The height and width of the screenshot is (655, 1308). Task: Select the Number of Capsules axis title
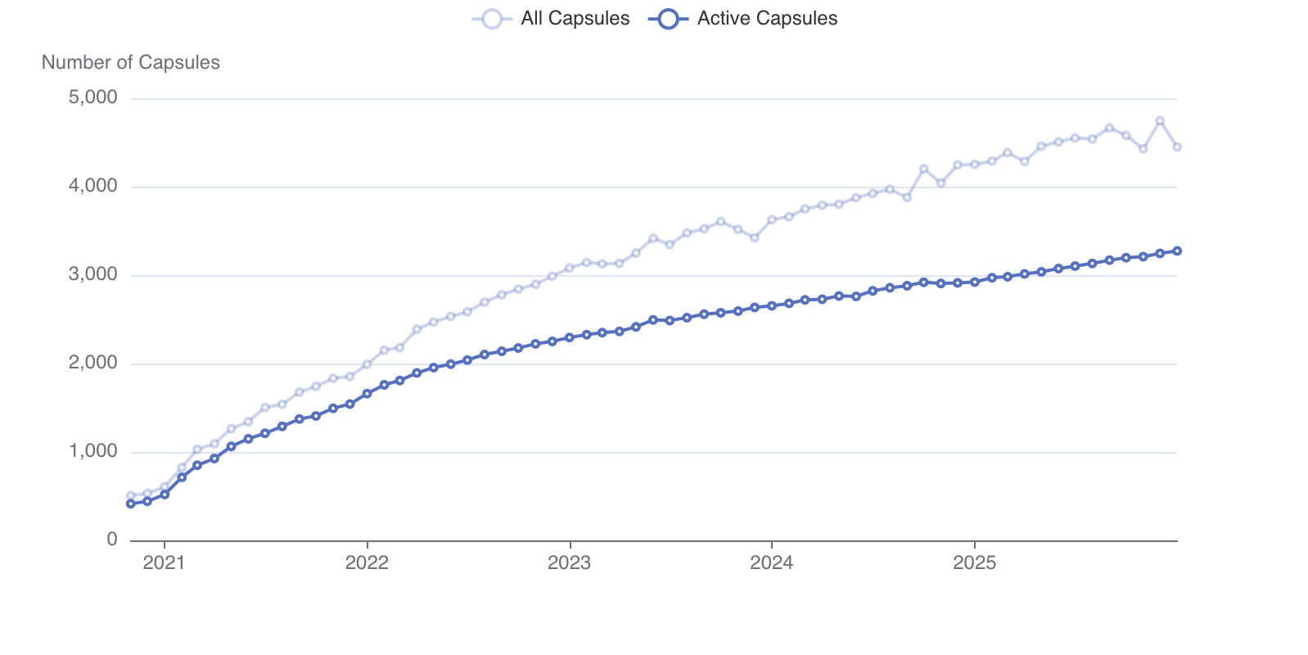coord(131,63)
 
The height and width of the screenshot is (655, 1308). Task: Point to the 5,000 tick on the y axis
coord(93,98)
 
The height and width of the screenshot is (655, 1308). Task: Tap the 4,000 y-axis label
coord(93,187)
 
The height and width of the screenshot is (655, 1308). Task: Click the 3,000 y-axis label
coord(93,275)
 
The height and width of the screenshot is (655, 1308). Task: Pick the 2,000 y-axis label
coord(93,364)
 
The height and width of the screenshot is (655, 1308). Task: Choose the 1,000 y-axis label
coord(93,452)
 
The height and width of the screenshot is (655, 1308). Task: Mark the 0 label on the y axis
coord(112,540)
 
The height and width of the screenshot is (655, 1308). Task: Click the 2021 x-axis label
coord(164,563)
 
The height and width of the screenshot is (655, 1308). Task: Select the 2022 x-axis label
coord(367,563)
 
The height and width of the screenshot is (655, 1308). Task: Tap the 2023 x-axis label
coord(569,563)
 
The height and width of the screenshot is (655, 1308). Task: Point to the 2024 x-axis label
coord(771,563)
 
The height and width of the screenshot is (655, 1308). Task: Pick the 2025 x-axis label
coord(974,563)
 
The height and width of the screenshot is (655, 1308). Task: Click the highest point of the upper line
coord(1160,120)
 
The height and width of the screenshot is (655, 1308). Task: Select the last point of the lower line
coord(1177,251)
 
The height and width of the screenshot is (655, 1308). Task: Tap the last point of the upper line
coord(1177,147)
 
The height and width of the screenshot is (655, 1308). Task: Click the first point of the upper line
coord(131,496)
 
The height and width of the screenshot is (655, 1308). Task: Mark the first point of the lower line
coord(131,504)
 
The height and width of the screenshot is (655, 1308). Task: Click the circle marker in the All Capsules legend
coord(492,19)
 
